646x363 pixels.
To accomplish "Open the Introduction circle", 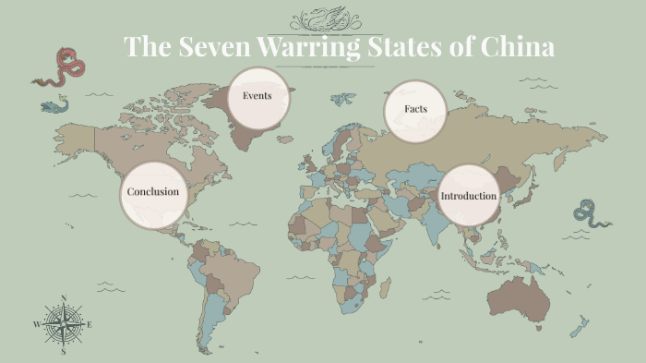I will click(x=468, y=196).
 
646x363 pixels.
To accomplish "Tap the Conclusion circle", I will click(x=153, y=193).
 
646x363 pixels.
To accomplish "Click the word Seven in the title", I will click(x=213, y=47).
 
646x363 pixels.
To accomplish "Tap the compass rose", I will click(x=63, y=324).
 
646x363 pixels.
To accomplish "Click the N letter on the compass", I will click(x=63, y=297).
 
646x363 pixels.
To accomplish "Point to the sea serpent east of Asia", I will click(x=589, y=213).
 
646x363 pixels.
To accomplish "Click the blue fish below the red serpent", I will click(x=54, y=107).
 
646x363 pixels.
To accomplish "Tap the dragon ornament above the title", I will click(x=324, y=18).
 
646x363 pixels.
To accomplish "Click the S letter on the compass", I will click(x=63, y=352).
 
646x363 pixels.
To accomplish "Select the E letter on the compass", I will click(x=90, y=325).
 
